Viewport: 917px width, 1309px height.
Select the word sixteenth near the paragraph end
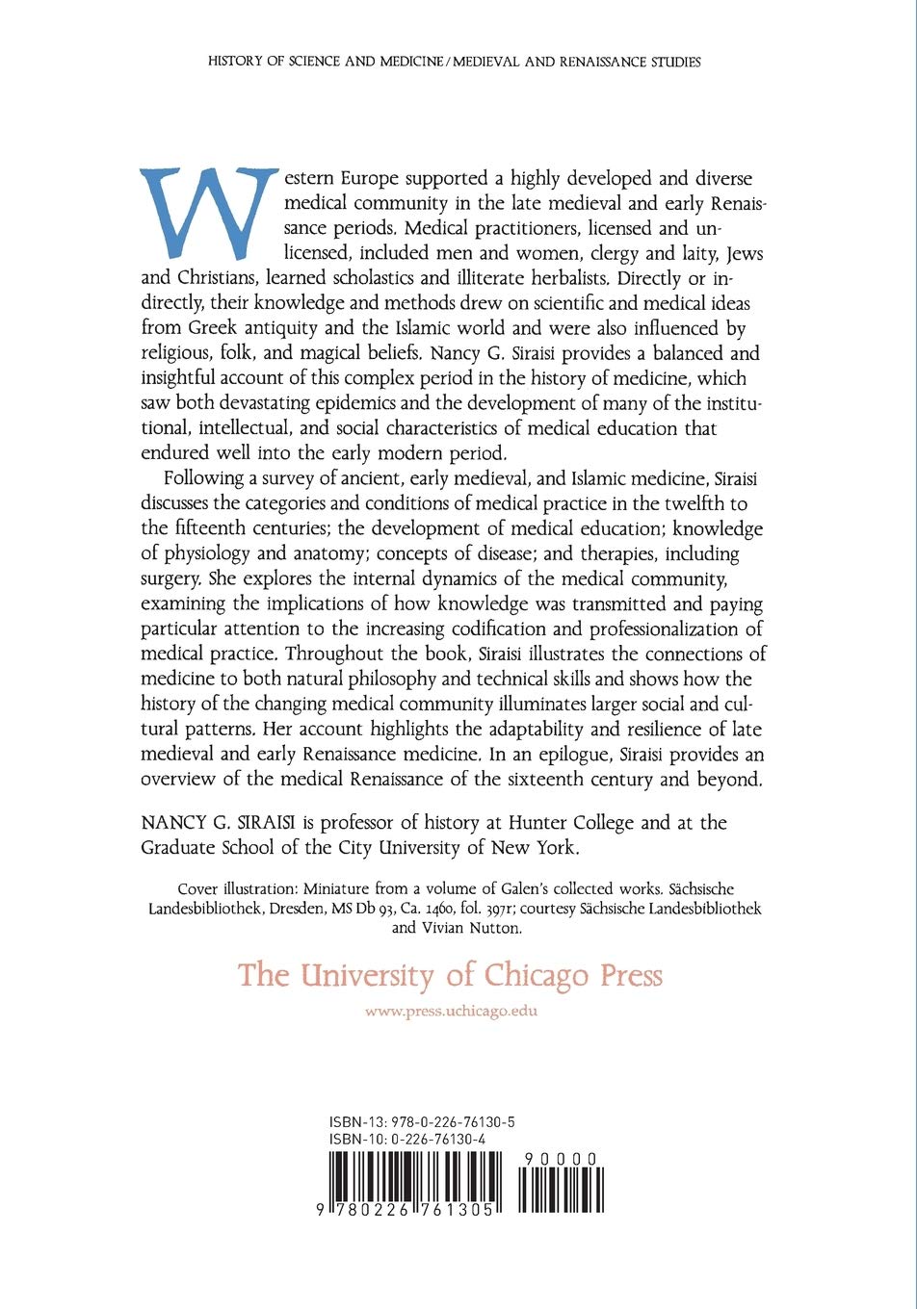563,780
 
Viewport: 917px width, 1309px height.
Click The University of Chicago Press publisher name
451,975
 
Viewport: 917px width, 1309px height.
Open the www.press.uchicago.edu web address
452,1012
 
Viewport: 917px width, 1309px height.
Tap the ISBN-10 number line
406,1139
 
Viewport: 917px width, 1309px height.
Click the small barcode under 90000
561,1190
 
